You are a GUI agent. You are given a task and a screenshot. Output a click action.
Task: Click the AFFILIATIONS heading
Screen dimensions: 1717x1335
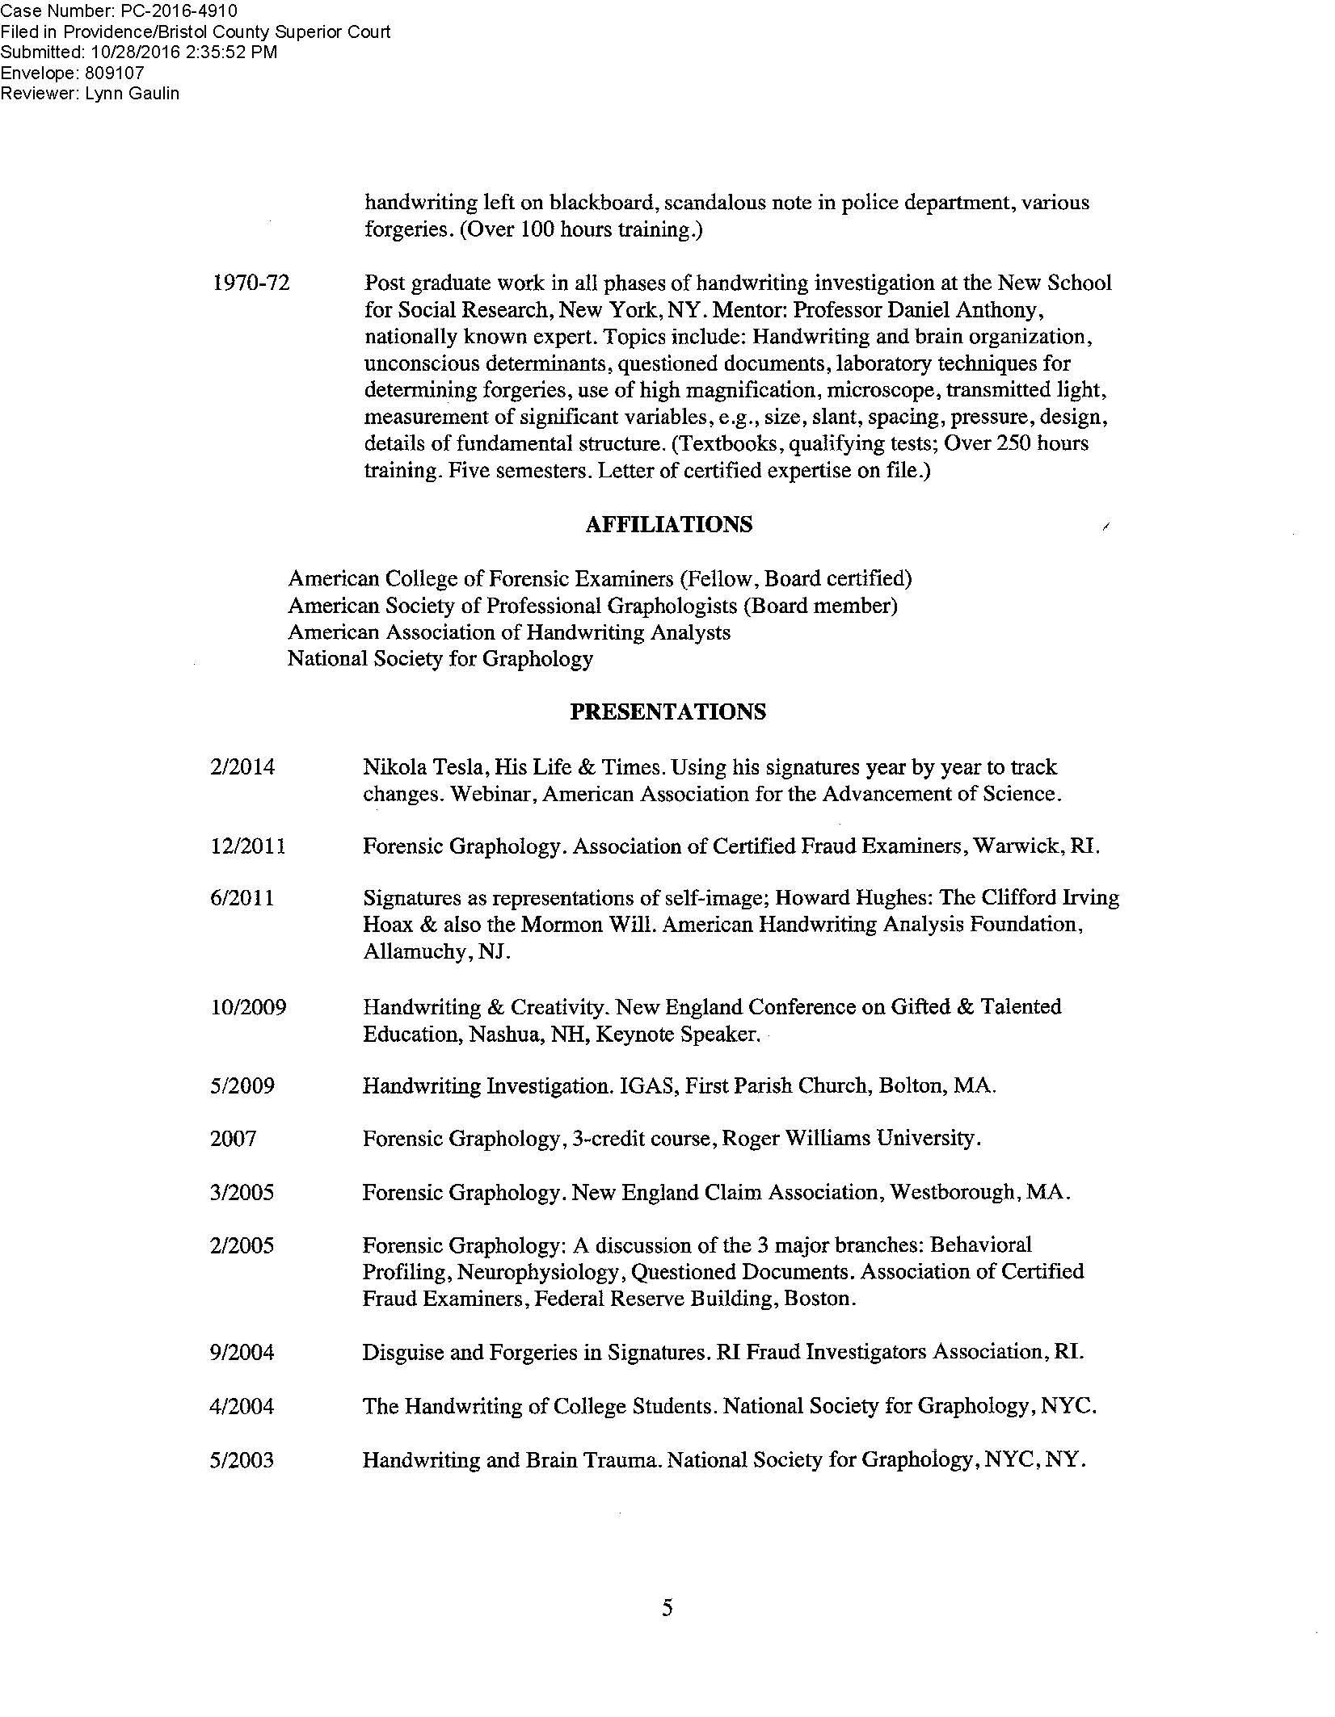[x=668, y=525]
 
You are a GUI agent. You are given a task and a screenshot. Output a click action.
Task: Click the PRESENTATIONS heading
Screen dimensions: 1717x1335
[x=667, y=712]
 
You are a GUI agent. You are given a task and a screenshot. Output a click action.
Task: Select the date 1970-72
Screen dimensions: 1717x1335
[x=250, y=283]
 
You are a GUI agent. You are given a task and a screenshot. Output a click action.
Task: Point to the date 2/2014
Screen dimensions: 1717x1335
[x=242, y=767]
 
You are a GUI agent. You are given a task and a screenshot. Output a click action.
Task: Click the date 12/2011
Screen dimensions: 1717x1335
[x=247, y=846]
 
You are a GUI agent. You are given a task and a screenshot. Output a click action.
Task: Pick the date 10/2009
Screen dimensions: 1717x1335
[x=247, y=1008]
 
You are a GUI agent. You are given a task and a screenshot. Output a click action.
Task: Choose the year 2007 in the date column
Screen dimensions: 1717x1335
[x=233, y=1139]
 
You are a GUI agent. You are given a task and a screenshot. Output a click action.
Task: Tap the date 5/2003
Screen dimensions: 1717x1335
[x=242, y=1460]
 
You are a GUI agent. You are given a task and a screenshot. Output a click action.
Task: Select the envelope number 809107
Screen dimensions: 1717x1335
[x=114, y=73]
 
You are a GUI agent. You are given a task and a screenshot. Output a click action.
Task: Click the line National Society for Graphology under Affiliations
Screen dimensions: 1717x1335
[x=440, y=659]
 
